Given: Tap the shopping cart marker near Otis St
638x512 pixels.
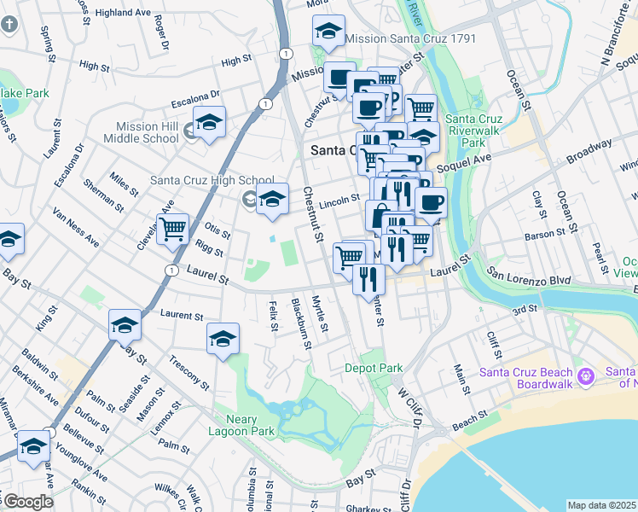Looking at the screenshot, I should click(x=173, y=229).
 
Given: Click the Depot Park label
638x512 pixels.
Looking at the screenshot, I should click(x=374, y=368).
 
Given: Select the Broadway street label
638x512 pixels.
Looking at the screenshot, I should click(x=589, y=155).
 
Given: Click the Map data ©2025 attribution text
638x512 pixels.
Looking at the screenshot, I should click(x=601, y=505).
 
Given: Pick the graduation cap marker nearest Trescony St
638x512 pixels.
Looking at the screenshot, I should click(x=223, y=339).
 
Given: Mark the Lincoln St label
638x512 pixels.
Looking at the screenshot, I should click(x=341, y=202).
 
